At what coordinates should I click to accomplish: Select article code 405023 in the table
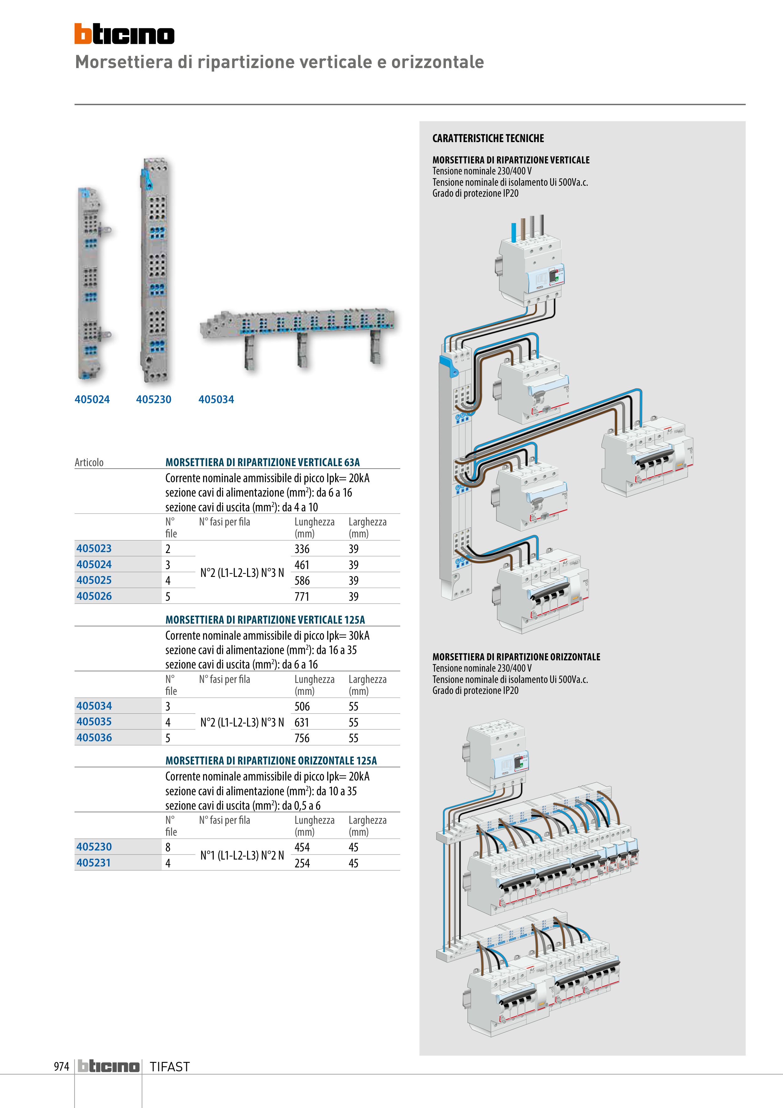[x=94, y=549]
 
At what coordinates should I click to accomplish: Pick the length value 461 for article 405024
[x=302, y=565]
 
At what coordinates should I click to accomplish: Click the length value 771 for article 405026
[x=302, y=596]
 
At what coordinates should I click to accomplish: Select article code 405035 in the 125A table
[x=94, y=722]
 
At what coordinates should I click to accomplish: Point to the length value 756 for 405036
[x=302, y=738]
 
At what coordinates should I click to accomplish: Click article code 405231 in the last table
[x=93, y=863]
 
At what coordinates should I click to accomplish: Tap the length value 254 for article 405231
[x=302, y=863]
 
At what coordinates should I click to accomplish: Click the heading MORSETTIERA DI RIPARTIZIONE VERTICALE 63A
[x=262, y=462]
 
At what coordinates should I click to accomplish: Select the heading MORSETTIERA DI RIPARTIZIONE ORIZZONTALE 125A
[x=271, y=760]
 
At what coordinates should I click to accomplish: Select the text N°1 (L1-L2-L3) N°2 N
[x=242, y=855]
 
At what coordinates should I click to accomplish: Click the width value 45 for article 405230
[x=354, y=847]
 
